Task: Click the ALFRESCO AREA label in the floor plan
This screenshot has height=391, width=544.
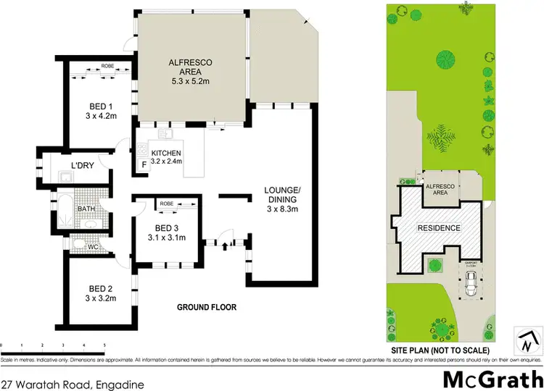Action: tap(189, 68)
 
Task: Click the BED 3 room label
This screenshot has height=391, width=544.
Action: tap(162, 228)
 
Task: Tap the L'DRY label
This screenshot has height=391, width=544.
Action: tap(81, 167)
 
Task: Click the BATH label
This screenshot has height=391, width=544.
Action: tap(87, 209)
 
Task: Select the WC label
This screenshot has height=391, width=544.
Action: tap(92, 247)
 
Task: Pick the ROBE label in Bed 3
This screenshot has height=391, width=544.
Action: tap(166, 204)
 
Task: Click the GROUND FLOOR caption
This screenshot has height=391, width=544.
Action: tap(207, 307)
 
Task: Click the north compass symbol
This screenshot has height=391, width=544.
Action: tap(529, 337)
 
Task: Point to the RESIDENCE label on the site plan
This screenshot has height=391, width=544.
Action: tap(438, 228)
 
